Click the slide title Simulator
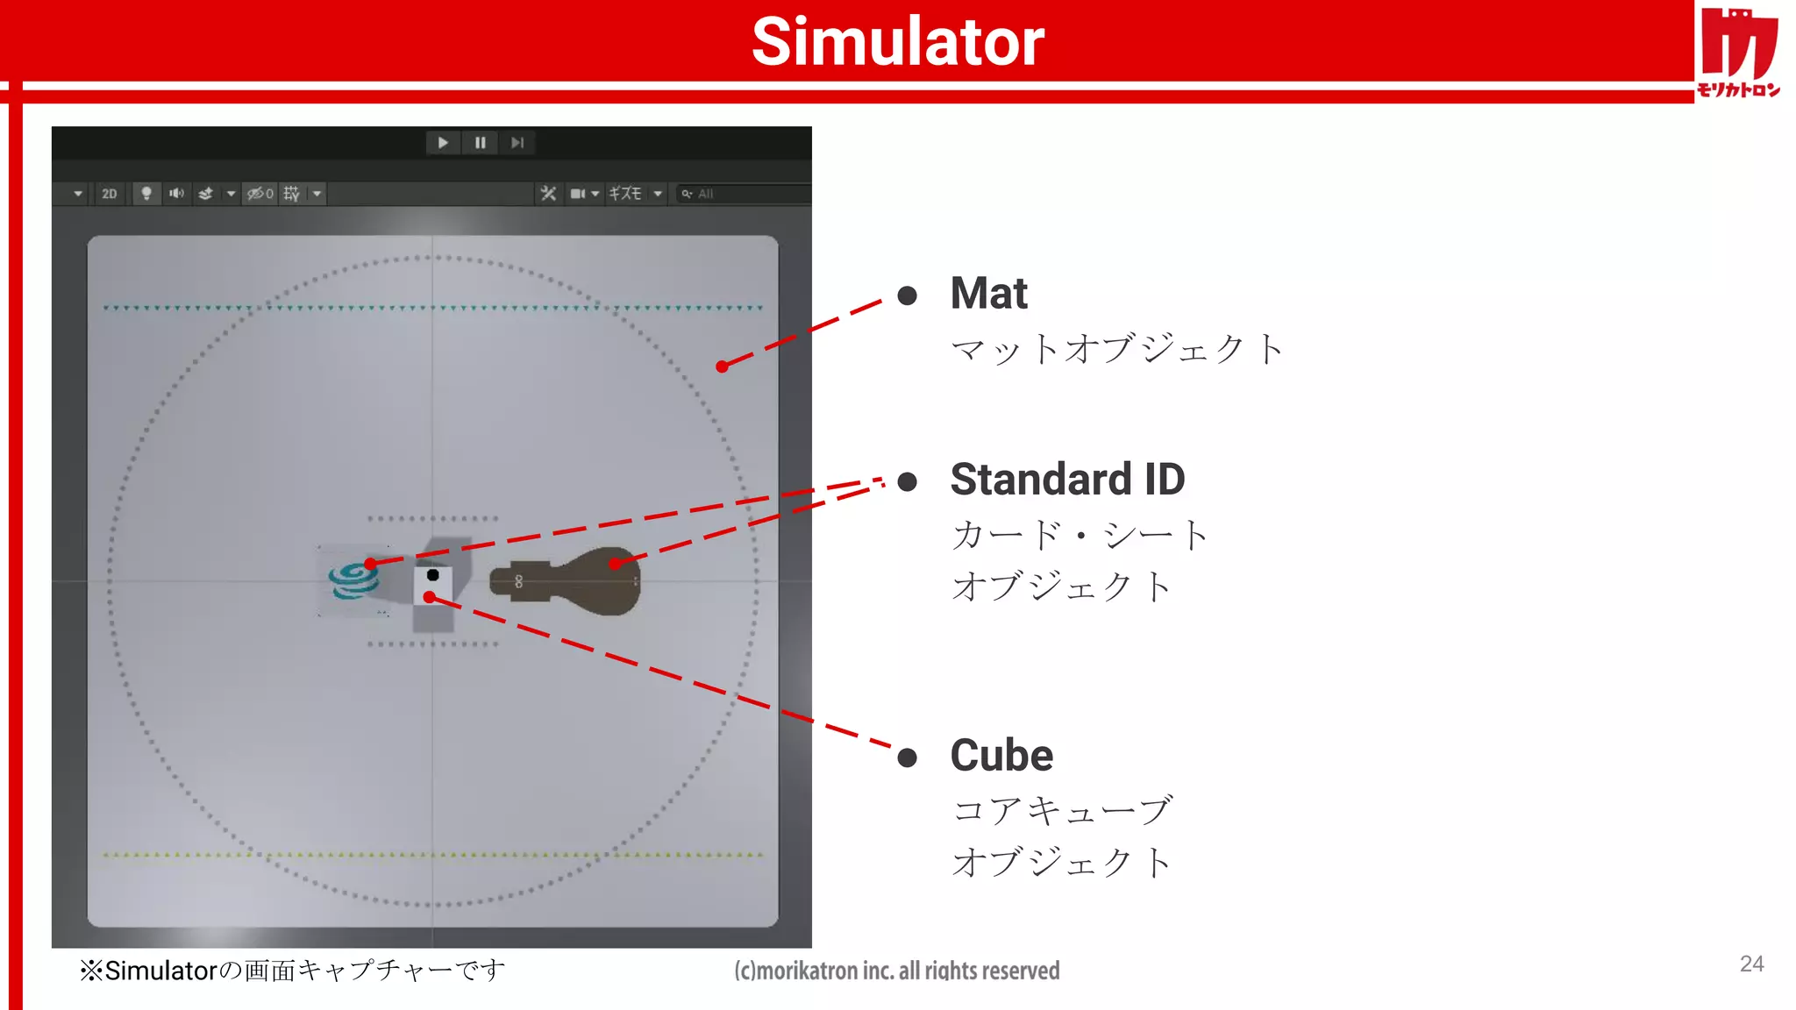pos(898,41)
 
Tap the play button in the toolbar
pos(443,143)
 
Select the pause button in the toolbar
pos(481,143)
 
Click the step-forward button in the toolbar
pos(517,143)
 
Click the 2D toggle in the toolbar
pos(109,194)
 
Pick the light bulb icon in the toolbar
pos(146,194)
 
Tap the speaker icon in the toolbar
pos(176,194)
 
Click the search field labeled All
pos(745,194)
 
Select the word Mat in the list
pos(988,293)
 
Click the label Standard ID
pos(1067,479)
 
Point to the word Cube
pos(1001,755)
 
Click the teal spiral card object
pos(353,581)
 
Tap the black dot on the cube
pos(432,575)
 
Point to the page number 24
pos(1751,964)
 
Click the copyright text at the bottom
pos(896,971)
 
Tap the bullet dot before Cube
pos(908,757)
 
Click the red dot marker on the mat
pos(722,366)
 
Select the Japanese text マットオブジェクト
pos(1117,349)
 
